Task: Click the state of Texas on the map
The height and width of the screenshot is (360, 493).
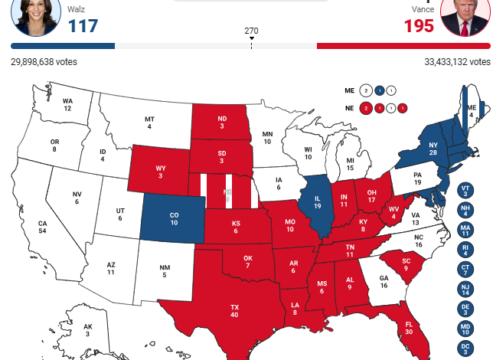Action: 234,309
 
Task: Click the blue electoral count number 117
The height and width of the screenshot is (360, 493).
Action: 83,26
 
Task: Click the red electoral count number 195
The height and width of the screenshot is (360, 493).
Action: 419,26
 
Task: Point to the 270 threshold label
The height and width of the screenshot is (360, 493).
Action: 251,31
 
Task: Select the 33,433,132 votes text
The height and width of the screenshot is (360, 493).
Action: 457,61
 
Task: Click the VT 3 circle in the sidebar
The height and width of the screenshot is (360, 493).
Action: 465,190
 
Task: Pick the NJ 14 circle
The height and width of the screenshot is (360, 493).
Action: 465,290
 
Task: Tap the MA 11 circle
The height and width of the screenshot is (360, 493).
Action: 465,230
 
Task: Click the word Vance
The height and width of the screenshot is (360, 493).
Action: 423,9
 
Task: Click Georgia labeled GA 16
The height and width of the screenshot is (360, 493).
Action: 384,281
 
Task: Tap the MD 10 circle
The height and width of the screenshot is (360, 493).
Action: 465,329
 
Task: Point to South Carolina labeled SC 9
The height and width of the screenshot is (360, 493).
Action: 406,263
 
